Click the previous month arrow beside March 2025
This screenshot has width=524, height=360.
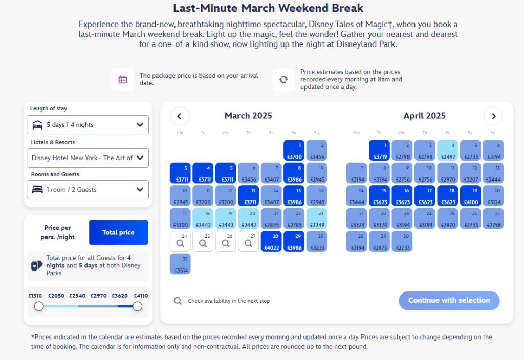[x=180, y=116]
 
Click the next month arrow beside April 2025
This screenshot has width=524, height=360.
[x=493, y=116]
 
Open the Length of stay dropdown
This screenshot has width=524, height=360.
[x=88, y=125]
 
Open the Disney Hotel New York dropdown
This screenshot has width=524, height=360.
[x=88, y=158]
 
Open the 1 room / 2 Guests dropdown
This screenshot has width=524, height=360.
[x=88, y=190]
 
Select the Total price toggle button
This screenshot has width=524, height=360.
[x=118, y=233]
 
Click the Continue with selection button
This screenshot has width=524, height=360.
[x=449, y=301]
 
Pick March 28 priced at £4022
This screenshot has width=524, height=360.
[x=271, y=241]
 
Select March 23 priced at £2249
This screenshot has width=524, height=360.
[x=317, y=218]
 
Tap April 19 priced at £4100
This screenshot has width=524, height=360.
[x=470, y=196]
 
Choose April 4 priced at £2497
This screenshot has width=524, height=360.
[x=448, y=150]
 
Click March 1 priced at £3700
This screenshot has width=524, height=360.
[x=294, y=150]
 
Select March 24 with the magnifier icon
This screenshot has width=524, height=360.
[x=180, y=241]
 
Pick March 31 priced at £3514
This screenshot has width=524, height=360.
[x=180, y=264]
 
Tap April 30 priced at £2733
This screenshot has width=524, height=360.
[x=402, y=241]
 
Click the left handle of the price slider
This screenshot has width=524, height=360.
[x=39, y=306]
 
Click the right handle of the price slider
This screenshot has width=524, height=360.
[x=137, y=306]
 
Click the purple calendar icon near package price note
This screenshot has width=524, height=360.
[x=123, y=80]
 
